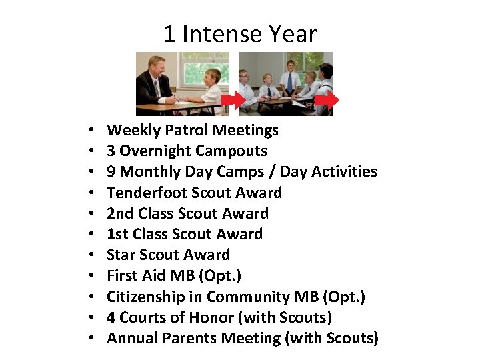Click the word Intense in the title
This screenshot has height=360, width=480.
[x=223, y=34]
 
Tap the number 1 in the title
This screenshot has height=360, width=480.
[x=169, y=34]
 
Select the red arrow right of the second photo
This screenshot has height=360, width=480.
[x=327, y=101]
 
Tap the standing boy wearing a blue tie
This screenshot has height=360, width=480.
[x=290, y=77]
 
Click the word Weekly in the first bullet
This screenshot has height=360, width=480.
[x=131, y=130]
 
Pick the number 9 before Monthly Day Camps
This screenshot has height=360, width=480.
[x=111, y=171]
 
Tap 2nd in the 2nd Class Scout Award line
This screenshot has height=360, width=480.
[x=119, y=213]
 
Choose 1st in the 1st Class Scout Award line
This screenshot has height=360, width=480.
[x=118, y=234]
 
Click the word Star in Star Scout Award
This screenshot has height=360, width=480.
[x=121, y=255]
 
